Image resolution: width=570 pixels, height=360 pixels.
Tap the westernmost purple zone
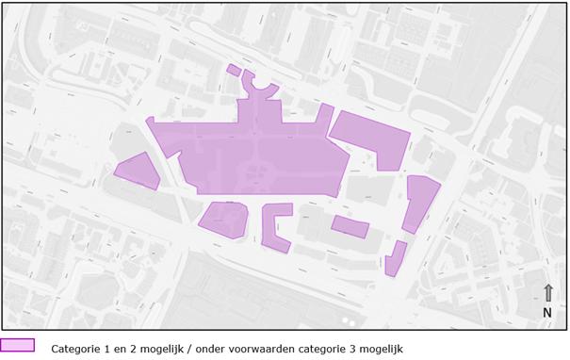click(x=138, y=171)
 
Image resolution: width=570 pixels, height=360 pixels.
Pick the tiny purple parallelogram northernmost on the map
click(x=234, y=69)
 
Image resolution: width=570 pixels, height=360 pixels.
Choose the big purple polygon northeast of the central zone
click(x=372, y=139)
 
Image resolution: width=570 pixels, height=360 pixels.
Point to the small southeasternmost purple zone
click(x=395, y=258)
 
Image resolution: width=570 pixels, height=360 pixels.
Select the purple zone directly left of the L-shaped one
click(x=224, y=218)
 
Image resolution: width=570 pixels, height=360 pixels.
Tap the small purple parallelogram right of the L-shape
click(x=350, y=226)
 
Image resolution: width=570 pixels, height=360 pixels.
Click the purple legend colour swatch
click(x=18, y=346)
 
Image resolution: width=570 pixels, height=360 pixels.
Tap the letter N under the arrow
click(x=547, y=312)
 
